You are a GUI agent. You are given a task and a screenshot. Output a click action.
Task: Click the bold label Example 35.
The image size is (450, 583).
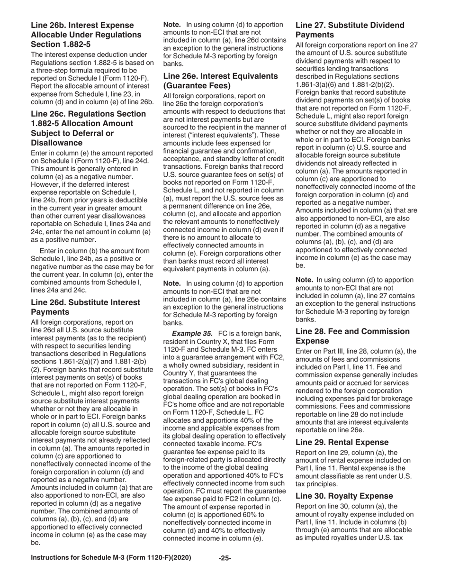click(192, 334)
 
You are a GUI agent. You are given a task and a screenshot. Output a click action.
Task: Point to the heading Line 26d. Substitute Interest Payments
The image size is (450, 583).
click(85, 307)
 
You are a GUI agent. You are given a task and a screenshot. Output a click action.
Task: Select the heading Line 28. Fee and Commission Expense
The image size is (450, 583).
click(352, 336)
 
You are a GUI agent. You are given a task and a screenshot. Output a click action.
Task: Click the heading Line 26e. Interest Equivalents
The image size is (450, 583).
click(220, 81)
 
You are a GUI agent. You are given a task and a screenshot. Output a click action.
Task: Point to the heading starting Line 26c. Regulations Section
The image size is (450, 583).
click(88, 128)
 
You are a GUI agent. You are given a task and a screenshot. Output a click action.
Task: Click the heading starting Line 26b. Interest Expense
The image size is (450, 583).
click(86, 35)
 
